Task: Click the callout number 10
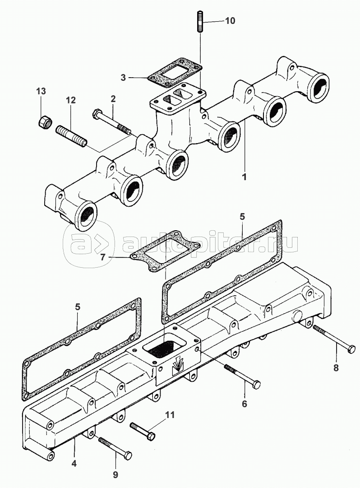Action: click(230, 21)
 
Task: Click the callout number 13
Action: click(41, 91)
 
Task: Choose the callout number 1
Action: click(244, 177)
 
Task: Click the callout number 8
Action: click(336, 368)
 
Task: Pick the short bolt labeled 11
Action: click(143, 431)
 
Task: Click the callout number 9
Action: click(115, 474)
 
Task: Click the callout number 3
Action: click(123, 77)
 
